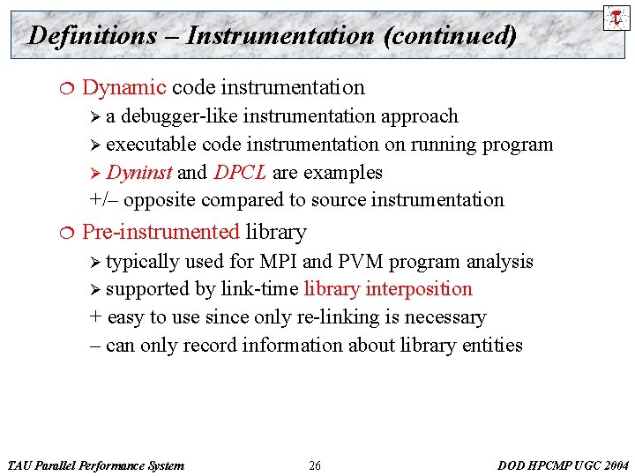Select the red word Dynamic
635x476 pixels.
(123, 87)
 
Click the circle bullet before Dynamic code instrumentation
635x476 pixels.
(58, 87)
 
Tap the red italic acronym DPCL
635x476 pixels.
(240, 172)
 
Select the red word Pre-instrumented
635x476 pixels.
(161, 232)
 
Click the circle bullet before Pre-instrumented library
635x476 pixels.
(58, 232)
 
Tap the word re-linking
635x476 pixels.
(337, 317)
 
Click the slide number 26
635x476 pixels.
(315, 465)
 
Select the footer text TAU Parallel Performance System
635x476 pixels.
(95, 465)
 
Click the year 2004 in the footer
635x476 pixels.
(614, 465)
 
